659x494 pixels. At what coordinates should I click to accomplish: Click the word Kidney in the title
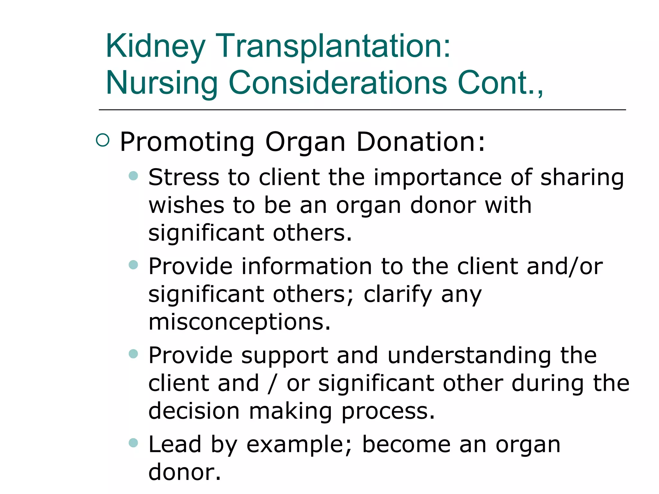coord(155,47)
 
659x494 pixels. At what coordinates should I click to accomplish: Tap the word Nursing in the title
coord(162,83)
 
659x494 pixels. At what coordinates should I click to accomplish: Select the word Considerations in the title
coord(338,83)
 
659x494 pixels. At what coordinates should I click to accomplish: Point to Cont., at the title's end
coord(500,83)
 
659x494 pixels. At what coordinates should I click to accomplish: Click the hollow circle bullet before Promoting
coord(103,141)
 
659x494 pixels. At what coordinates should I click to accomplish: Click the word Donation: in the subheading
coord(420,142)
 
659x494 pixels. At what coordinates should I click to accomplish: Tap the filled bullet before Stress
coord(133,176)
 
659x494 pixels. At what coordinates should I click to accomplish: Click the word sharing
coord(582,178)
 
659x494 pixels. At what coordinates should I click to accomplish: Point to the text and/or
coord(565,267)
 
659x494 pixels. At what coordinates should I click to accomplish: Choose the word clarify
coord(398,295)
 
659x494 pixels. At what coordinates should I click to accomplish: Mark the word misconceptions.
coord(239,323)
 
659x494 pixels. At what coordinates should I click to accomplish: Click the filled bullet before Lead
coord(133,443)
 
